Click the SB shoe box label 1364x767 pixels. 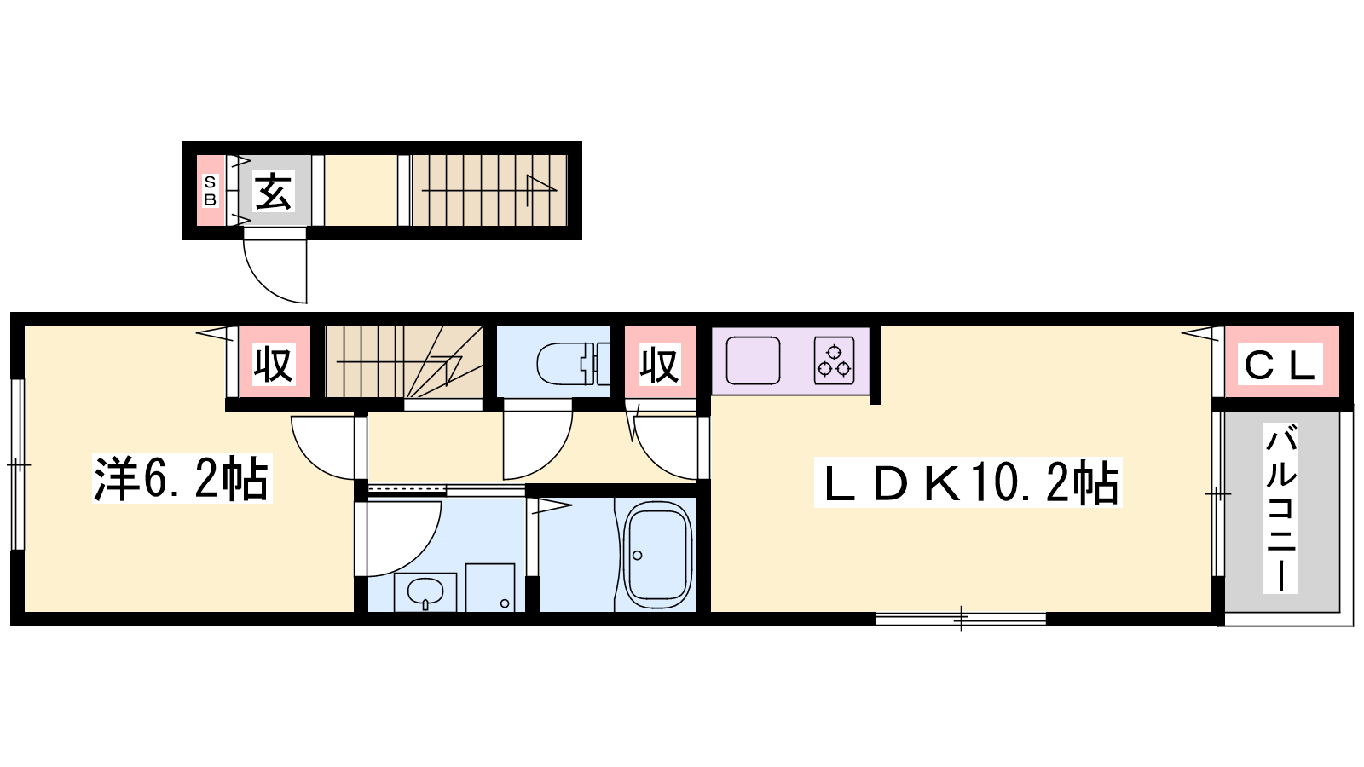(x=210, y=191)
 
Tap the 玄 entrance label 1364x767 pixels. (x=273, y=191)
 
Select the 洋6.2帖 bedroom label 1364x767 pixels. (x=182, y=478)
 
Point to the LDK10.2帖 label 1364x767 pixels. (x=968, y=482)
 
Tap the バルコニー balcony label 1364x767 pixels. (x=1280, y=508)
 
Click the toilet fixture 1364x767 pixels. (x=573, y=363)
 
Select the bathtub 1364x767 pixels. (x=657, y=555)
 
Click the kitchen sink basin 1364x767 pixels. (x=754, y=361)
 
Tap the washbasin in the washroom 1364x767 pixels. (x=425, y=591)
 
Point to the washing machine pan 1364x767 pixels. (x=490, y=587)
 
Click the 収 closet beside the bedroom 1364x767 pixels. (x=274, y=363)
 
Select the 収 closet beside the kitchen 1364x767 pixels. (x=660, y=363)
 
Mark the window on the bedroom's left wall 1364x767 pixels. (x=18, y=465)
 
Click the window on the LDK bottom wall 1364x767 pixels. (x=961, y=619)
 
